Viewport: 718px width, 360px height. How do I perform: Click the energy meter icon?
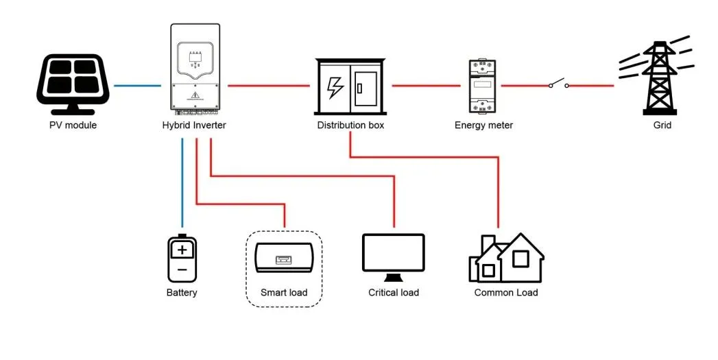(483, 86)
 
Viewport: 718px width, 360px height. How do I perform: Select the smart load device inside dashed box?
(284, 259)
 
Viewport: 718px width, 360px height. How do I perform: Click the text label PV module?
(73, 125)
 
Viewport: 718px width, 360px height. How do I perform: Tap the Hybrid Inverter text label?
(193, 125)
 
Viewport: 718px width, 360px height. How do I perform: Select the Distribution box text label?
(350, 125)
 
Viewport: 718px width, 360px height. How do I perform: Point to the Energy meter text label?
(483, 125)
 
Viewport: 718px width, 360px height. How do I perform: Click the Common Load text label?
(506, 293)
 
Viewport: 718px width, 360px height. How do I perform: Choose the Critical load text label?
(393, 293)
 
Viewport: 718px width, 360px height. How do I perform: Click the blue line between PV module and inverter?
(137, 86)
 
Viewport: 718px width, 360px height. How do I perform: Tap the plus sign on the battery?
(182, 250)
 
